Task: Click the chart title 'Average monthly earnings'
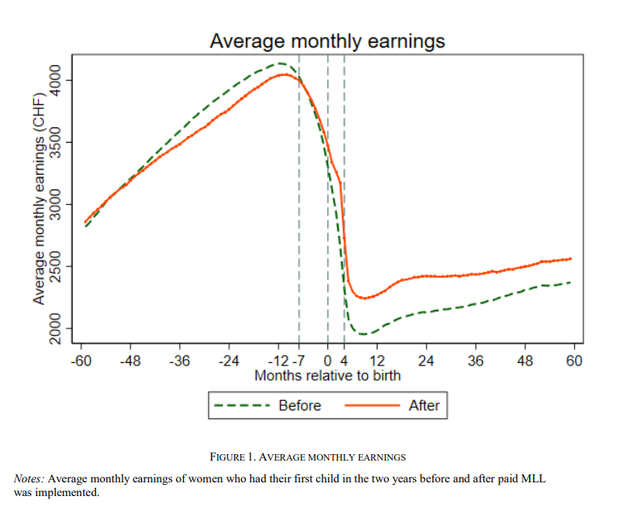pyautogui.click(x=327, y=40)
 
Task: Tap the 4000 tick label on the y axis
pyautogui.click(x=56, y=81)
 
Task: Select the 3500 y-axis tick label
pyautogui.click(x=56, y=143)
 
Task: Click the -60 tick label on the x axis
pyautogui.click(x=81, y=361)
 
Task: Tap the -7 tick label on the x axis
pyautogui.click(x=298, y=361)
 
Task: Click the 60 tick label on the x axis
pyautogui.click(x=574, y=361)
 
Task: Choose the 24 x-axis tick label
pyautogui.click(x=426, y=361)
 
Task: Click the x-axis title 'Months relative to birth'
pyautogui.click(x=327, y=376)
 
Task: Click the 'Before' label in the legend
pyautogui.click(x=299, y=406)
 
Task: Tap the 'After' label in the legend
pyautogui.click(x=423, y=406)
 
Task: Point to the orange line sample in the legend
pyautogui.click(x=372, y=406)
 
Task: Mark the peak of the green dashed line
pyautogui.click(x=280, y=63)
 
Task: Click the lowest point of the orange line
pyautogui.click(x=364, y=298)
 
